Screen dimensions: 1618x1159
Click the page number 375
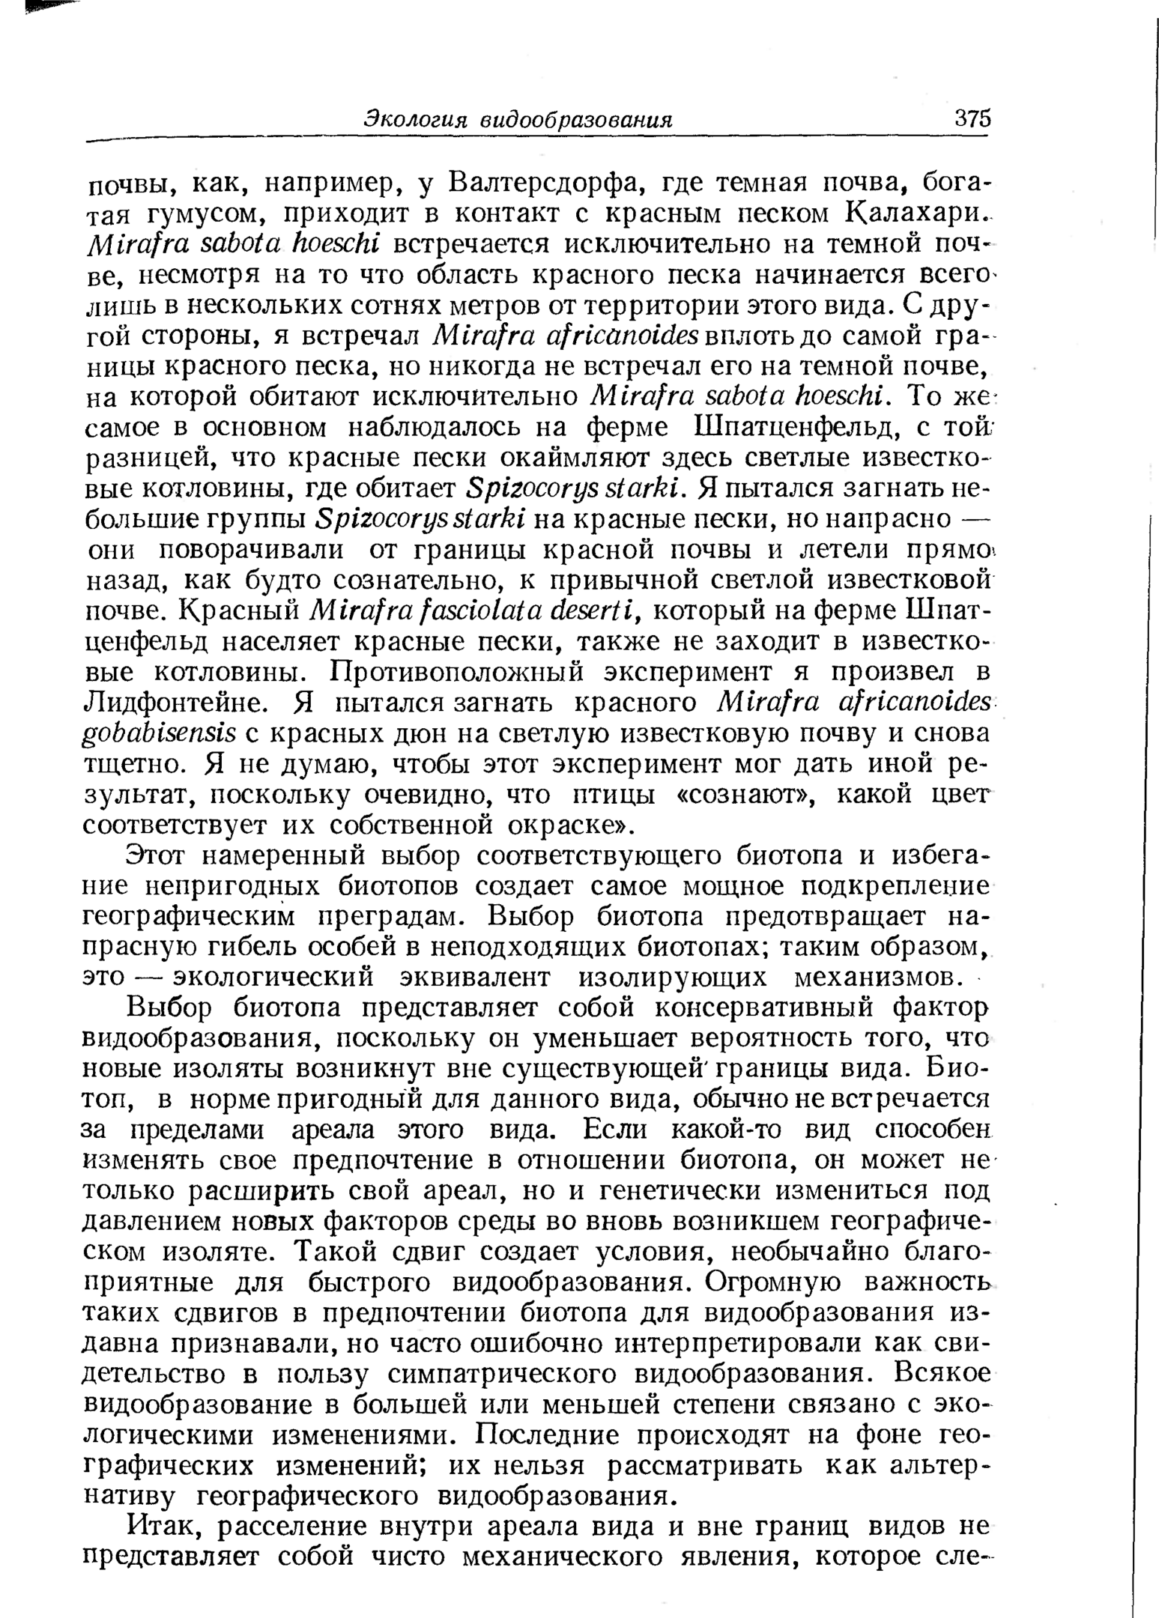pos(972,119)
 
